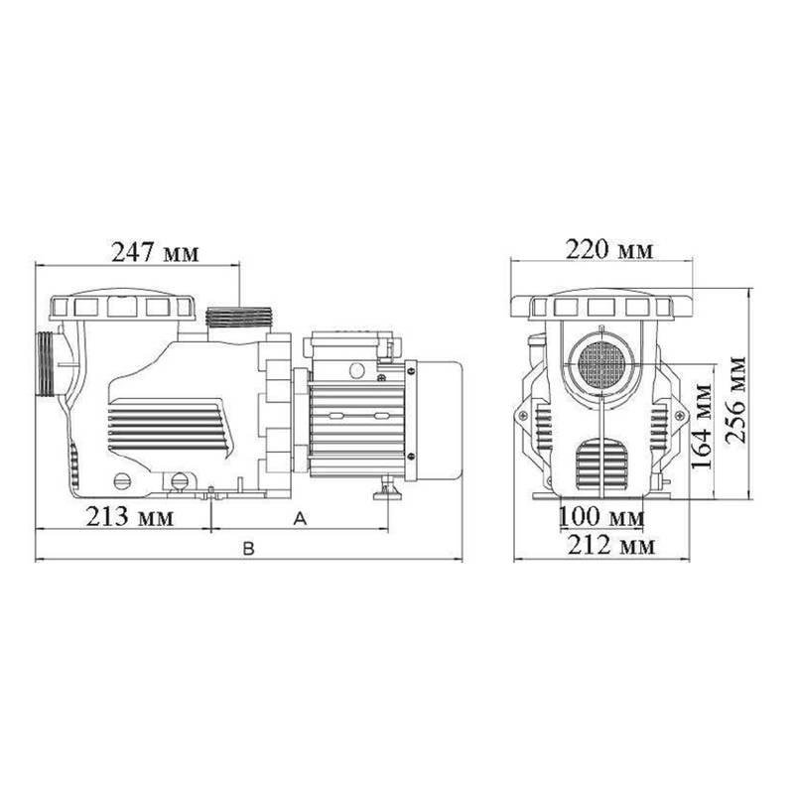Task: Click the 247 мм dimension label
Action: [x=155, y=252]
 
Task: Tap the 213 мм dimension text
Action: [x=130, y=517]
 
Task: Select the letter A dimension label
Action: [x=301, y=518]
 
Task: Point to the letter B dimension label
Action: [x=248, y=549]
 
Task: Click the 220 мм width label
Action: [x=609, y=250]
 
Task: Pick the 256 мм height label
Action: [x=735, y=400]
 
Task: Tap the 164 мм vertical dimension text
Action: [x=703, y=427]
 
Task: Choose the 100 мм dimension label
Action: [x=601, y=517]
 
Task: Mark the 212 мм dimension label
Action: [x=611, y=545]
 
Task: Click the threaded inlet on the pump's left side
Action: [x=46, y=364]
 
